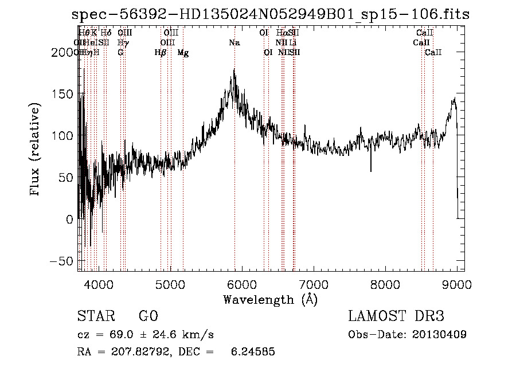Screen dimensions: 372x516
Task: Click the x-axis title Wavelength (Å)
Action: tap(270, 299)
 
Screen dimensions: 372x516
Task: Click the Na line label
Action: tap(234, 43)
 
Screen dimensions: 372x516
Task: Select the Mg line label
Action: tap(183, 53)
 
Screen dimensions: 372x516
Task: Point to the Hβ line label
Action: tap(161, 53)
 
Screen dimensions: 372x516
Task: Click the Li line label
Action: tap(293, 43)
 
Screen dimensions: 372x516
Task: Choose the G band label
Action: tap(120, 53)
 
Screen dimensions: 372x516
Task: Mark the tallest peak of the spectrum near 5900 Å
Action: tap(234, 70)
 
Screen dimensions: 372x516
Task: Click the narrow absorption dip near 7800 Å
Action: tap(371, 170)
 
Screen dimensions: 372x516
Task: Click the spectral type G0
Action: tap(148, 316)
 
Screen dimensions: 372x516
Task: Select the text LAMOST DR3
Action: tap(396, 316)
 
